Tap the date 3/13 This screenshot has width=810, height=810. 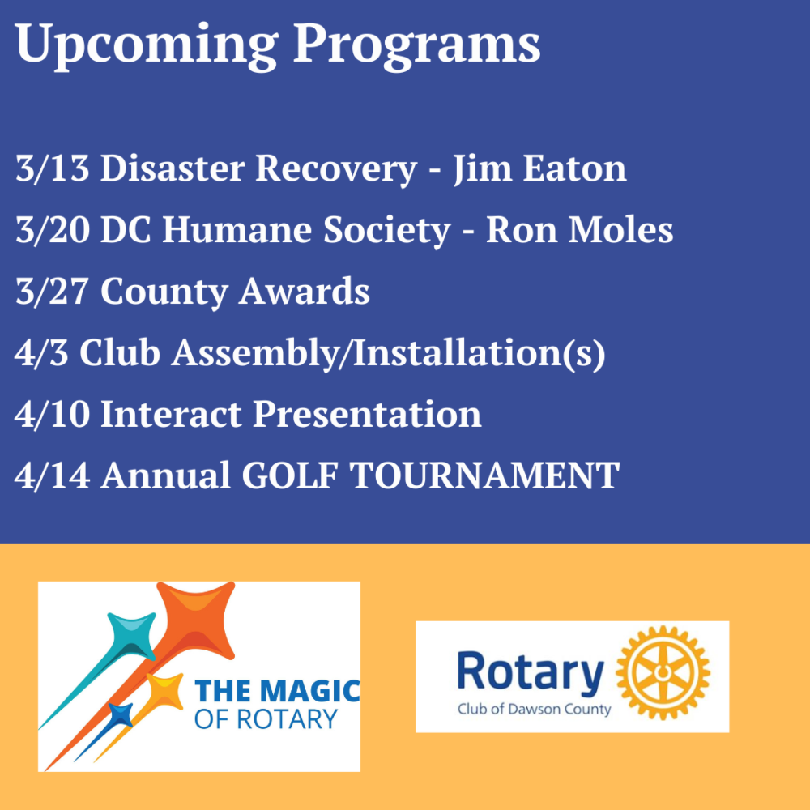click(x=52, y=168)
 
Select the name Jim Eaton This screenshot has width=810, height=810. click(x=539, y=168)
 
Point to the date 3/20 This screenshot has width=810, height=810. click(x=52, y=229)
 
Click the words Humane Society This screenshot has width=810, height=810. click(x=306, y=230)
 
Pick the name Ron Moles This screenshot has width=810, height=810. click(x=580, y=229)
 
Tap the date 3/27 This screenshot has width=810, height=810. click(x=52, y=291)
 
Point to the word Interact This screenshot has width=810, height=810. click(x=171, y=414)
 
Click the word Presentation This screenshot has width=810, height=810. click(x=367, y=414)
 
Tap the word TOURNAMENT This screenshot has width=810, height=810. click(x=484, y=475)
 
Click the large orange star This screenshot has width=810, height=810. click(x=196, y=621)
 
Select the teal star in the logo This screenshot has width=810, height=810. click(x=131, y=637)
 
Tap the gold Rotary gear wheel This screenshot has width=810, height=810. click(x=663, y=672)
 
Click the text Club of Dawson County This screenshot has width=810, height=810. click(x=534, y=709)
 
